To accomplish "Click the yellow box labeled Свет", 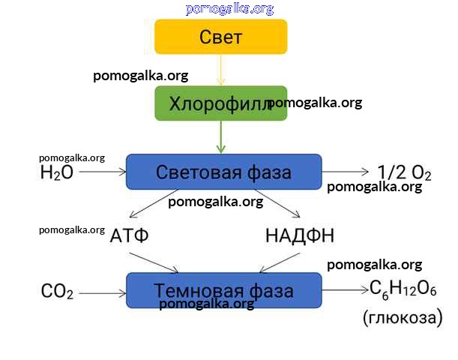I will [221, 37].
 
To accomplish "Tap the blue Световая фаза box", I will [223, 172].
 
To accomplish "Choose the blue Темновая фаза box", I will [223, 290].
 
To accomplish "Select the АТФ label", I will [130, 235].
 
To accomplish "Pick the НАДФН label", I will [300, 235].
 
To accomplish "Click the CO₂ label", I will [57, 292].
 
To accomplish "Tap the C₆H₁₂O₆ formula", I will [403, 289].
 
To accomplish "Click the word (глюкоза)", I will [403, 317].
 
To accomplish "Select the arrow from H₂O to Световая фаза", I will [101, 172].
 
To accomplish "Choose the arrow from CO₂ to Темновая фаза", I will [102, 291].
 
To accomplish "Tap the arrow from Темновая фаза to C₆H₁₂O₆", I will [346, 290].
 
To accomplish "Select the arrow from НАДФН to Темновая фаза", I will [280, 262].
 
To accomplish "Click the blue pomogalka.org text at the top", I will [230, 8].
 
